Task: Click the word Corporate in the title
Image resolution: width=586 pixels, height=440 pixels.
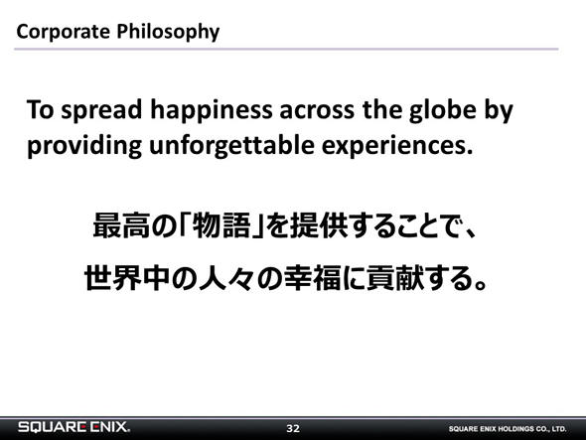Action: [x=64, y=32]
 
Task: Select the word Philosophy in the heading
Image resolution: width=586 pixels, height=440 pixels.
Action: [x=168, y=32]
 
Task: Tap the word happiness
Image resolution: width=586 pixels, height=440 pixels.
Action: [x=212, y=111]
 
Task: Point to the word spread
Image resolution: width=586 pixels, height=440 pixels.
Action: [x=101, y=111]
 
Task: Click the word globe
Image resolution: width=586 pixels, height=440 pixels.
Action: [x=442, y=111]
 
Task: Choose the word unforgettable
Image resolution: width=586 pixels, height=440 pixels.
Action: [x=231, y=146]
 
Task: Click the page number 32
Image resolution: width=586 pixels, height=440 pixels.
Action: [x=293, y=428]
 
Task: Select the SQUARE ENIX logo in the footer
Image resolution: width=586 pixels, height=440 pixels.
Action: [x=74, y=427]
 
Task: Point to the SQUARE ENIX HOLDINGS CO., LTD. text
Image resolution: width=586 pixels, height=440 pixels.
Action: [x=508, y=429]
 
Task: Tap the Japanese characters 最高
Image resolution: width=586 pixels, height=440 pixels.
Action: [x=121, y=225]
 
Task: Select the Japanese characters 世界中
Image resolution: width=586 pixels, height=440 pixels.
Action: [x=127, y=278]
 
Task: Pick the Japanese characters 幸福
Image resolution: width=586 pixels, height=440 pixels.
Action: [x=313, y=278]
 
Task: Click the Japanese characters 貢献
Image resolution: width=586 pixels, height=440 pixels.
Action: [x=395, y=278]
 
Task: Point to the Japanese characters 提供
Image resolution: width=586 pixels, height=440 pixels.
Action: [x=320, y=225]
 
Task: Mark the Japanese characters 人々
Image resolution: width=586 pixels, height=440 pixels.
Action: [x=226, y=278]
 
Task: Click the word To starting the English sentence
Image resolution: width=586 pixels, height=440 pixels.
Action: [x=41, y=110]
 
